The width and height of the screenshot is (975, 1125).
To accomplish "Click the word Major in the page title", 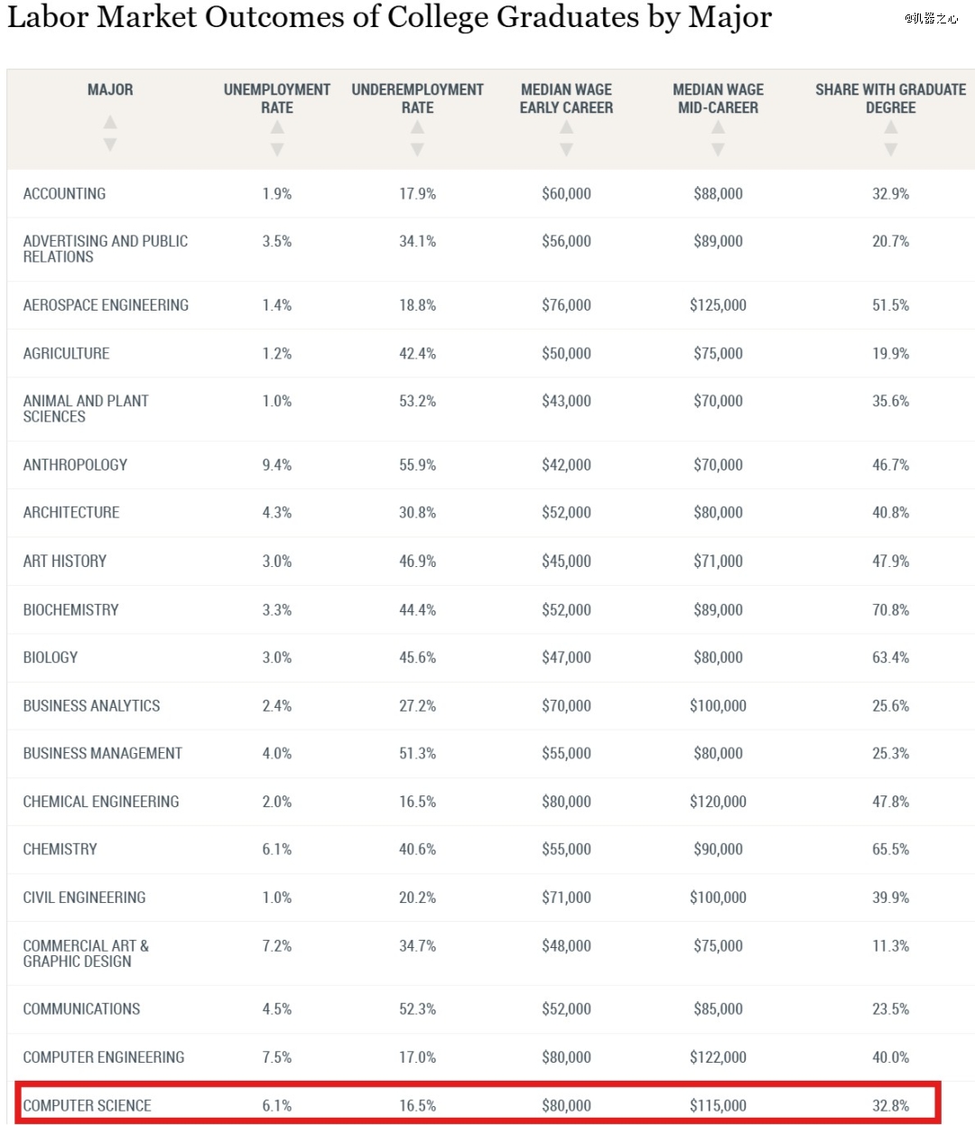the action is point(729,17).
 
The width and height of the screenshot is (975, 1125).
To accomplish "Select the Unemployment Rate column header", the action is point(277,98).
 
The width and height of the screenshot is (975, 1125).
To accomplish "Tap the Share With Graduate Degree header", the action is point(891,98).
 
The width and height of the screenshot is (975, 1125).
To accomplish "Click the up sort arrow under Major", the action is point(110,121).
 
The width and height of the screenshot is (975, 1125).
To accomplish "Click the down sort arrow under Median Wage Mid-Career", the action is point(719,149).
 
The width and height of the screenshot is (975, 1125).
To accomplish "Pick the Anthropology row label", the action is point(75,465).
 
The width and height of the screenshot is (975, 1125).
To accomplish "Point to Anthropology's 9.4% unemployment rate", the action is point(277,465).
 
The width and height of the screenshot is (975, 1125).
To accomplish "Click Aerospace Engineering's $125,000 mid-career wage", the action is point(719,305).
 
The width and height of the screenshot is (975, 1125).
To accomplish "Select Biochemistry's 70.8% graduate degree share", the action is point(891,609).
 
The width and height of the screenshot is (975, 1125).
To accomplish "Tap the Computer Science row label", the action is point(87,1105).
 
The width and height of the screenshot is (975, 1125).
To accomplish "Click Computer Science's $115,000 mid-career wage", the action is point(719,1105).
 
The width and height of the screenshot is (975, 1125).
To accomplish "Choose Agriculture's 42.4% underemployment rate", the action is point(417,353).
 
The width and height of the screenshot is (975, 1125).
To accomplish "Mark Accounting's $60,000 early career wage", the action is point(566,194).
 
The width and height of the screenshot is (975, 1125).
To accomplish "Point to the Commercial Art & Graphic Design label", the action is point(86,953).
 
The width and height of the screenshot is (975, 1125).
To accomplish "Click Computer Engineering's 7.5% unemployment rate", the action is point(277,1057).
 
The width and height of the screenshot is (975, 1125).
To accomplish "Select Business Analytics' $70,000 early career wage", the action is point(566,706).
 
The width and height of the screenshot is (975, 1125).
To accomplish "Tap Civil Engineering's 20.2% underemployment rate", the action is point(417,897).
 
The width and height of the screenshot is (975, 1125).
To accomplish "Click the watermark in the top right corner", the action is point(931,18).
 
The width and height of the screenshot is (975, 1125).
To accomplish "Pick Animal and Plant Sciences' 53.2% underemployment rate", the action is point(417,401).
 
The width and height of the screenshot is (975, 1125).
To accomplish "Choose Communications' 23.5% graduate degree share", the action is point(891,1009).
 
